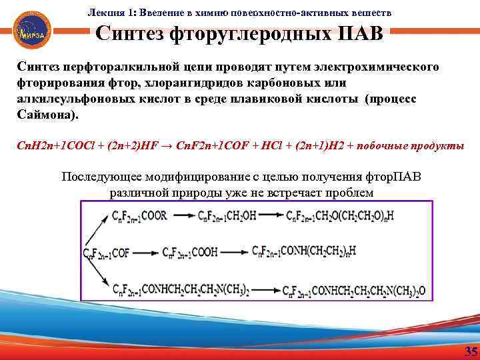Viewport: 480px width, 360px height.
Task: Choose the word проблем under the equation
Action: coord(350,193)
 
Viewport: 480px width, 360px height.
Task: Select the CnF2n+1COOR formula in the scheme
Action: coord(140,215)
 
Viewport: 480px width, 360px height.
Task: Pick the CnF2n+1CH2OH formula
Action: coord(231,215)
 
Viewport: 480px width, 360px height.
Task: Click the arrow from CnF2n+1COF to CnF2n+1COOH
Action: coord(146,253)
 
